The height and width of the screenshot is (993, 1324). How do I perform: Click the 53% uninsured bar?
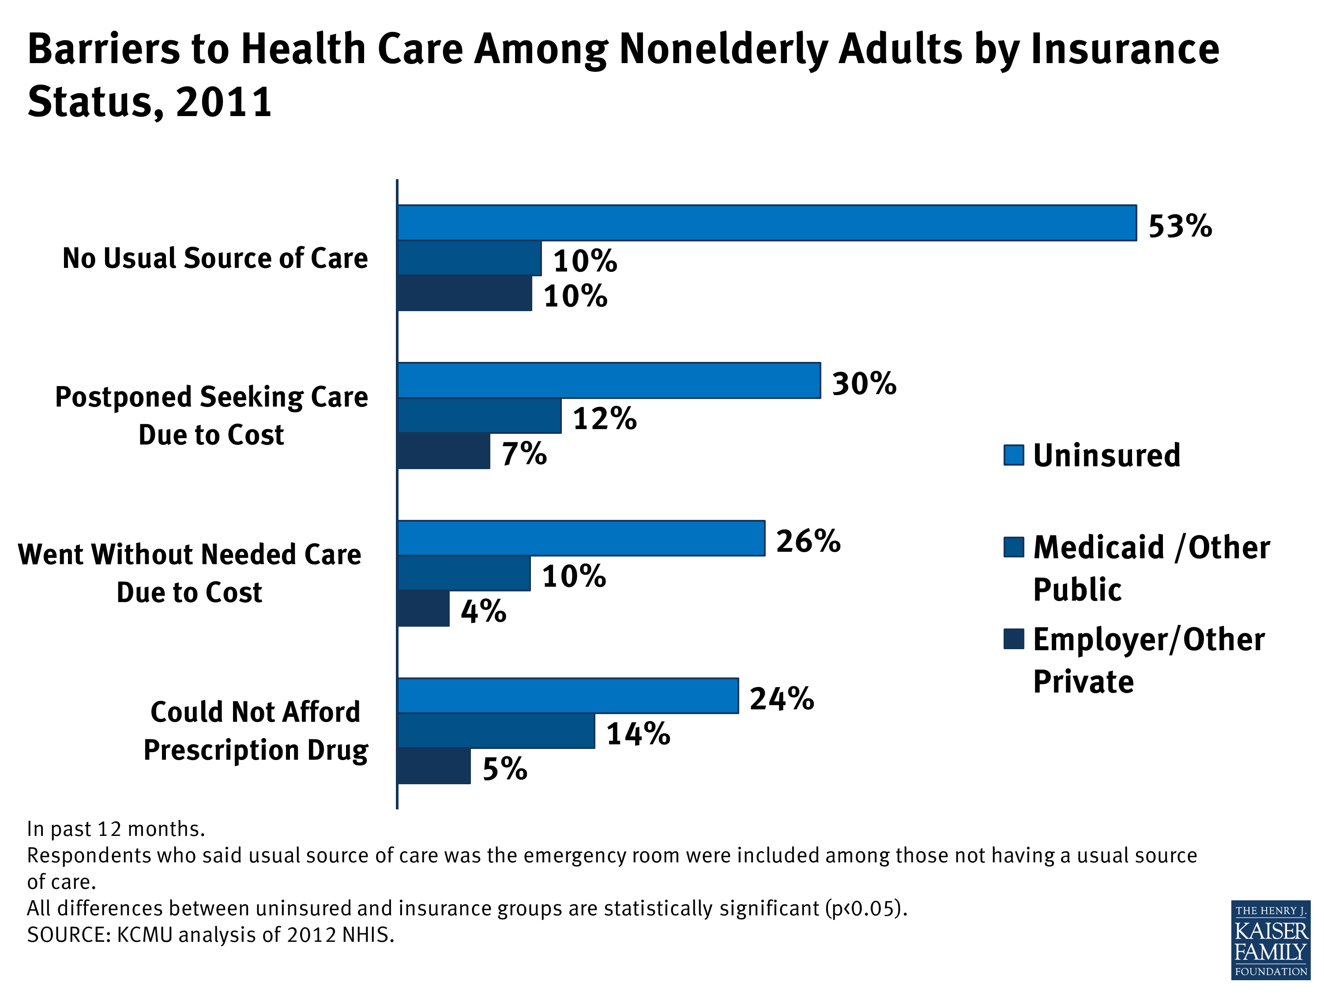[x=766, y=223]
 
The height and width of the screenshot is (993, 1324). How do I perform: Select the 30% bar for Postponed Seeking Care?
[x=609, y=380]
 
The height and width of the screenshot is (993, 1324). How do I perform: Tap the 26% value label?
[x=808, y=541]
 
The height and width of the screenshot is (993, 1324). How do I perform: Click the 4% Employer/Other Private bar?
[x=423, y=609]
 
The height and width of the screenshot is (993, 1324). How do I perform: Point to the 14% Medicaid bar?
[x=496, y=730]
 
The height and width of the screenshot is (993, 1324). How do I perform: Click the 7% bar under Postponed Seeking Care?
[x=444, y=451]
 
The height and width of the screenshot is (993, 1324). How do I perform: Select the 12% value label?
[x=605, y=418]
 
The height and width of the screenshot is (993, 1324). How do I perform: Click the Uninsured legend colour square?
[x=1014, y=455]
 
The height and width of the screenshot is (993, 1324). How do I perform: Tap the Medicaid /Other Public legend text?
[x=1151, y=568]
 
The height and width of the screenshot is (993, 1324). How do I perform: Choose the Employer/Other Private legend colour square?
[x=1014, y=639]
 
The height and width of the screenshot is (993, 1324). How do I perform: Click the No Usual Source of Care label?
[x=215, y=259]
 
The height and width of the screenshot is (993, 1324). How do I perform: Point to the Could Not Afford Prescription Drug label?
[x=256, y=731]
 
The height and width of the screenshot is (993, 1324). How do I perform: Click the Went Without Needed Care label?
[x=190, y=573]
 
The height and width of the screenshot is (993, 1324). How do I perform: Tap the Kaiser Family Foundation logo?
[x=1270, y=940]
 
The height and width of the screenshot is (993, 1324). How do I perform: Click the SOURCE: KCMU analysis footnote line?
[x=211, y=935]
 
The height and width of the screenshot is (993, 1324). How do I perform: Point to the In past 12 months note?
[x=116, y=829]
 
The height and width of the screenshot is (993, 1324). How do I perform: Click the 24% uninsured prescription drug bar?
[x=568, y=696]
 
